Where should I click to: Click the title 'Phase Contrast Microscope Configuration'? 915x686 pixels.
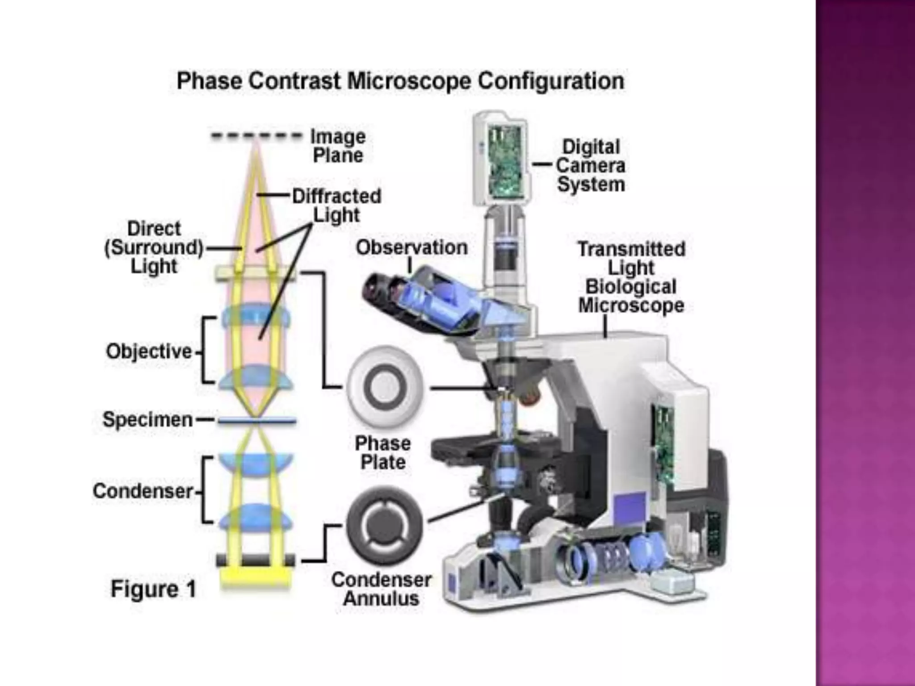tap(400, 81)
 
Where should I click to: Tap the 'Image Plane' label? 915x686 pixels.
tap(338, 146)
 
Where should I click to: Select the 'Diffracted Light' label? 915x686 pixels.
tap(336, 205)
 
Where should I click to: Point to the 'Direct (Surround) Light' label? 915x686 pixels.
tap(154, 247)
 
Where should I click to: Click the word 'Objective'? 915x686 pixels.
tap(149, 351)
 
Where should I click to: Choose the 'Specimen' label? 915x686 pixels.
tap(147, 420)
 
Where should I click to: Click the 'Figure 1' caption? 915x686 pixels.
tap(153, 589)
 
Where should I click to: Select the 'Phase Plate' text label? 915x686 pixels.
tap(383, 453)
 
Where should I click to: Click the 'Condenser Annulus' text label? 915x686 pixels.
tap(382, 589)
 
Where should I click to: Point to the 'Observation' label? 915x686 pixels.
tap(411, 247)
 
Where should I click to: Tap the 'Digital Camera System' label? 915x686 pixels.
tap(591, 166)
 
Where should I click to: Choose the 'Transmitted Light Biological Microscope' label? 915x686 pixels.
tap(631, 277)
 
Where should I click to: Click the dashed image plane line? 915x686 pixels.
tap(256, 136)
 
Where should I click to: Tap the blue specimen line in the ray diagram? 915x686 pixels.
tap(257, 420)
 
